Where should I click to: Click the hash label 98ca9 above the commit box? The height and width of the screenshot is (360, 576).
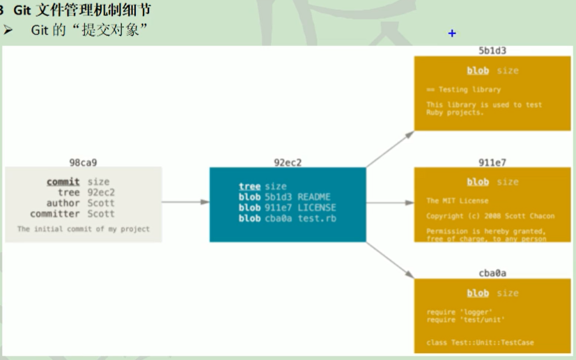click(x=83, y=163)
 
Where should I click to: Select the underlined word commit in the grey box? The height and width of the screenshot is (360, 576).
click(x=63, y=182)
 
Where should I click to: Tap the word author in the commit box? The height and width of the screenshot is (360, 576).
click(x=63, y=203)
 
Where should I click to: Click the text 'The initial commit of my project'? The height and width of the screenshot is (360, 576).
click(x=84, y=229)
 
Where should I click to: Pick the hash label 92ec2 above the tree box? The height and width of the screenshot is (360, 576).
click(x=288, y=163)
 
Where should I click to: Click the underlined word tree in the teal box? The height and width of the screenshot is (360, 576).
click(x=249, y=186)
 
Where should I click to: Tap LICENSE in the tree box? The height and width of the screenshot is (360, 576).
click(x=316, y=208)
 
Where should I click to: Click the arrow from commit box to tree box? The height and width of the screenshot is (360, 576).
click(x=186, y=203)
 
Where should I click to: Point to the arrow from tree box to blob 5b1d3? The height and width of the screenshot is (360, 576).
click(x=389, y=148)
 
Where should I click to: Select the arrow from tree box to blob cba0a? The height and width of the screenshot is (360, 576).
click(x=389, y=258)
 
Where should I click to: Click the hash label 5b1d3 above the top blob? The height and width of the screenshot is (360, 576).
click(x=492, y=52)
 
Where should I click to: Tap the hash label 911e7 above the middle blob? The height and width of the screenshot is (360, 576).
click(x=492, y=163)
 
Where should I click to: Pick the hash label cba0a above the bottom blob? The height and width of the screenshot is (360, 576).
click(x=492, y=274)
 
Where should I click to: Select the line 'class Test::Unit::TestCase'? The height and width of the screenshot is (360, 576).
click(x=480, y=343)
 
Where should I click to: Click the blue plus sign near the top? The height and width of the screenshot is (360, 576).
click(x=452, y=33)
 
